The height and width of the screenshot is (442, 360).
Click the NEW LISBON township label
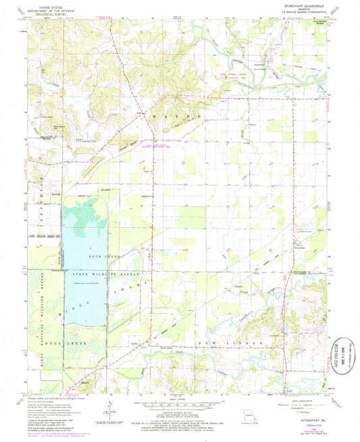click(x=223, y=345)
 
